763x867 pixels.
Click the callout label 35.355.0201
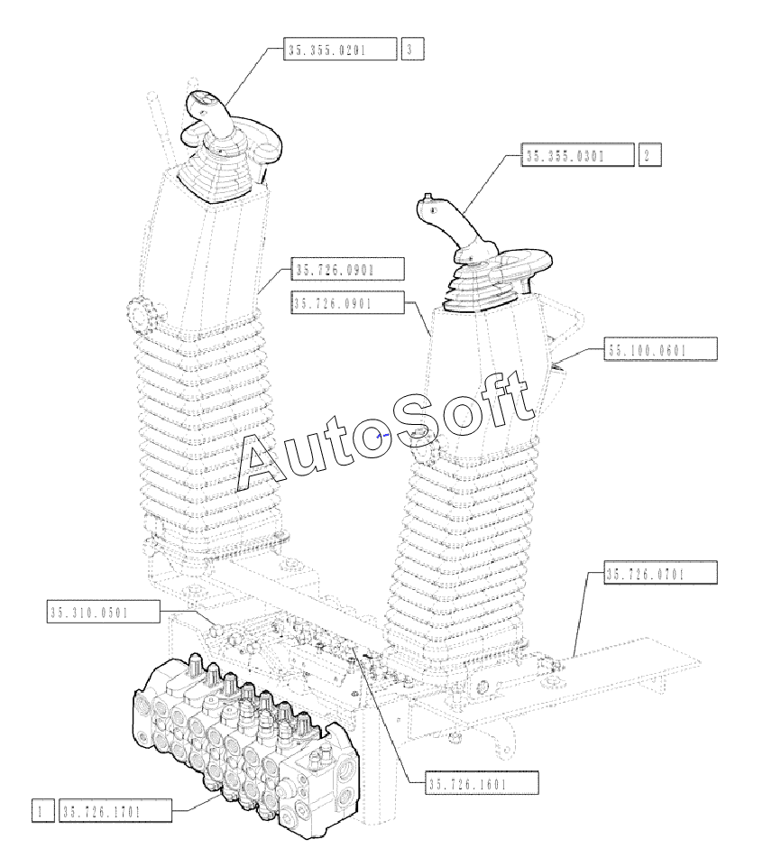(x=340, y=50)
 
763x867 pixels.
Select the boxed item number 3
(x=410, y=50)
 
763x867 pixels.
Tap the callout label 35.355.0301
(x=577, y=155)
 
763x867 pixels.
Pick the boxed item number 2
(x=648, y=155)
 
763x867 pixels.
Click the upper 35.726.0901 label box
(x=347, y=270)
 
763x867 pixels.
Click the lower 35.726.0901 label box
(x=347, y=303)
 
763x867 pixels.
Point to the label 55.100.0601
(x=660, y=349)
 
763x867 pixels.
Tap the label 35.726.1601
(x=482, y=783)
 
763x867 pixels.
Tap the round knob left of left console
(x=139, y=316)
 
